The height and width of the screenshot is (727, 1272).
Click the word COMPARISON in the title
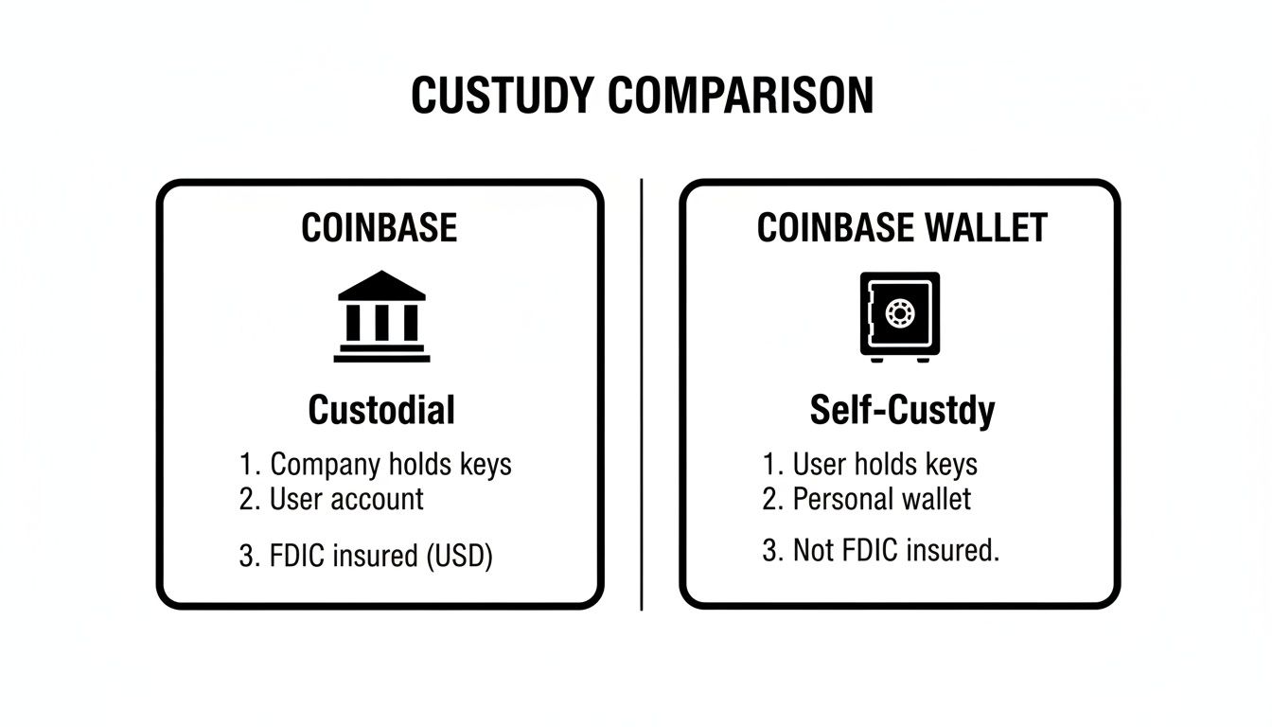tap(740, 97)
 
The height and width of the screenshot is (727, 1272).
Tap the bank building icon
tap(381, 316)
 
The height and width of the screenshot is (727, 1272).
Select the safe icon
tap(900, 315)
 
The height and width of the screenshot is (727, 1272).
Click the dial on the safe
tap(900, 312)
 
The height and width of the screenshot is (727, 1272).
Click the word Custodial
tap(381, 411)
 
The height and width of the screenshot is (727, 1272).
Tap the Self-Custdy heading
tap(902, 411)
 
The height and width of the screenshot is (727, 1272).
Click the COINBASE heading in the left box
tap(380, 228)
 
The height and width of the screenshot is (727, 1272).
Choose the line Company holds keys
tap(375, 465)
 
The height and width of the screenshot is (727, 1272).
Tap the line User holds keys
tap(870, 465)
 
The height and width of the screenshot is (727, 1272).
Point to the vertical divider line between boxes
tap(642, 393)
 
